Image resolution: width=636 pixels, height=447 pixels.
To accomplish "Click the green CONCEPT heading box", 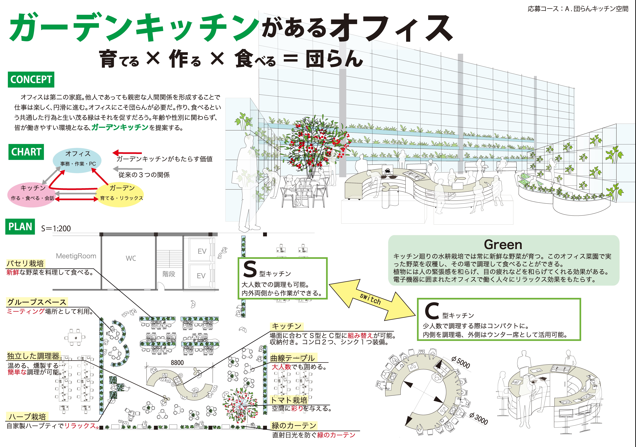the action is click(31, 79).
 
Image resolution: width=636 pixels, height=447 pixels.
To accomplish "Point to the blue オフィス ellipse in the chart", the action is click(77, 161).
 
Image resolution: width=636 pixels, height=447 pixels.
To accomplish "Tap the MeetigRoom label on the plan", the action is click(76, 256).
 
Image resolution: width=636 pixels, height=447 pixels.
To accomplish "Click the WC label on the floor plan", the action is click(131, 258).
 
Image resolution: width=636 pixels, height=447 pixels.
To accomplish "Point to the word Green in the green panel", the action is click(503, 245).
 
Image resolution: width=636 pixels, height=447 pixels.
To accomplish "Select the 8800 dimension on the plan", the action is click(177, 363).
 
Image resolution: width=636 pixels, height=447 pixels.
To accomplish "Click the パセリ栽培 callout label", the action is click(25, 263).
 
